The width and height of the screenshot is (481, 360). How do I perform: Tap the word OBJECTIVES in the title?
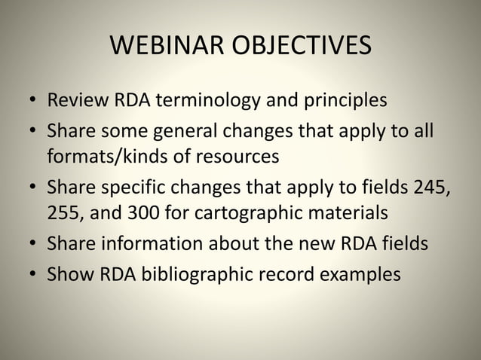pyautogui.click(x=300, y=47)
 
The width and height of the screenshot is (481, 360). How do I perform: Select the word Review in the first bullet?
pyautogui.click(x=72, y=100)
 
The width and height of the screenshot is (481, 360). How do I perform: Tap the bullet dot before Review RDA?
pyautogui.click(x=33, y=101)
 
